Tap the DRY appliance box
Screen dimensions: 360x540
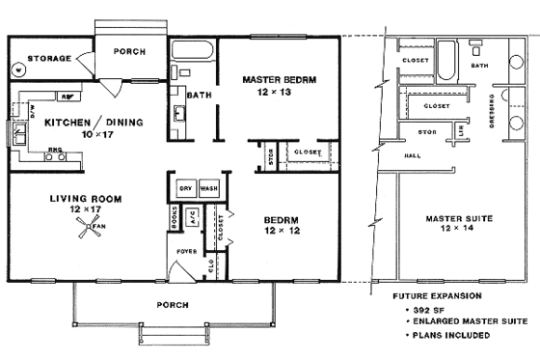[186, 188]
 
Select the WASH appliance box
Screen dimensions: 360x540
[209, 188]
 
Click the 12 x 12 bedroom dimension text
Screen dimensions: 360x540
[284, 232]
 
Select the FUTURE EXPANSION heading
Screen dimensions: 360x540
[432, 296]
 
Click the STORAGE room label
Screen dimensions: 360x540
[47, 59]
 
